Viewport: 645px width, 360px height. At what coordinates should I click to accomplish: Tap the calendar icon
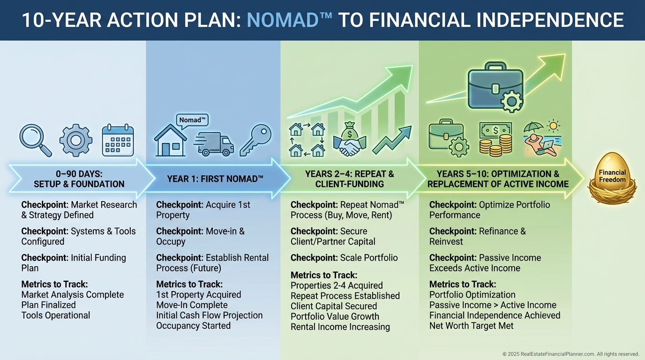[x=118, y=140]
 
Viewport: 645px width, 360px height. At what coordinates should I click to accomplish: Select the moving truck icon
[x=214, y=144]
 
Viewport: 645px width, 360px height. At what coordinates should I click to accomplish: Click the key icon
[x=255, y=140]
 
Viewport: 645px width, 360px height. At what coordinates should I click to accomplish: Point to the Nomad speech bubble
[x=192, y=120]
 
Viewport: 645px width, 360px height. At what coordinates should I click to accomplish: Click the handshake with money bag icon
[x=350, y=139]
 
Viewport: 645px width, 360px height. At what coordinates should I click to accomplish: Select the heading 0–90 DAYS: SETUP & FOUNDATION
[x=79, y=179]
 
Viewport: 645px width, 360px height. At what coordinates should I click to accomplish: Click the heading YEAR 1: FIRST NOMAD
[x=215, y=179]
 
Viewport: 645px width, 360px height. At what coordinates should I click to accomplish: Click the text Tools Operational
[x=56, y=315]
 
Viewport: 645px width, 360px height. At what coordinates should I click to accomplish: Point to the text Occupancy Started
[x=194, y=326]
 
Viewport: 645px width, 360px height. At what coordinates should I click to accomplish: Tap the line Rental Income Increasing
[x=340, y=327]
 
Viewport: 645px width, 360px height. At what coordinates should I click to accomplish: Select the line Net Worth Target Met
[x=472, y=326]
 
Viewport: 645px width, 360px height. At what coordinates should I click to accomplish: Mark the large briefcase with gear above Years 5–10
[x=495, y=87]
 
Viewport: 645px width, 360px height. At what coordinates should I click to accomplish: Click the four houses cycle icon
[x=307, y=140]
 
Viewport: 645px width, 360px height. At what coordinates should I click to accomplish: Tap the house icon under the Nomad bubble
[x=170, y=141]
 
